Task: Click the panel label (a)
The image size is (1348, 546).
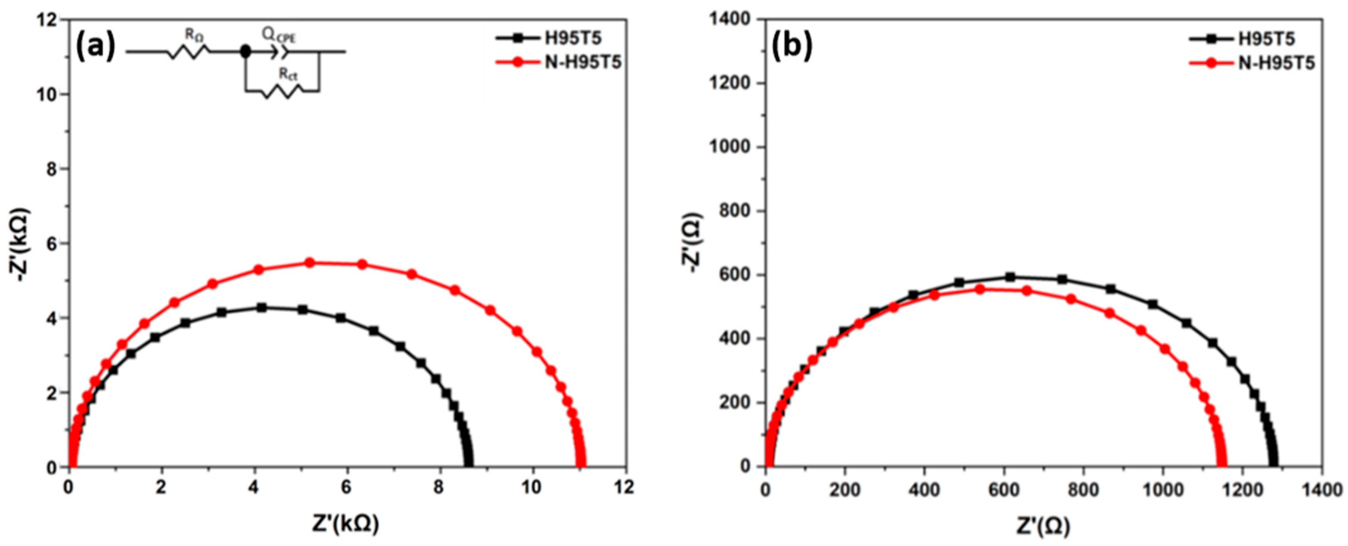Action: coord(95,46)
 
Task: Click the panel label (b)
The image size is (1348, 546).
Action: coord(792,46)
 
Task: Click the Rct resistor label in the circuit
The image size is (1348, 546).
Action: coord(288,74)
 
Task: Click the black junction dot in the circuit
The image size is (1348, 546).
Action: coord(244,52)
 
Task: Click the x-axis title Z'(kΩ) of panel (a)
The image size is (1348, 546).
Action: coord(345,525)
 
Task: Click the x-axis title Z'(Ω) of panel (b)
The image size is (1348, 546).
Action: coord(1044,525)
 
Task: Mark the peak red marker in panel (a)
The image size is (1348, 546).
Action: coord(309,263)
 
